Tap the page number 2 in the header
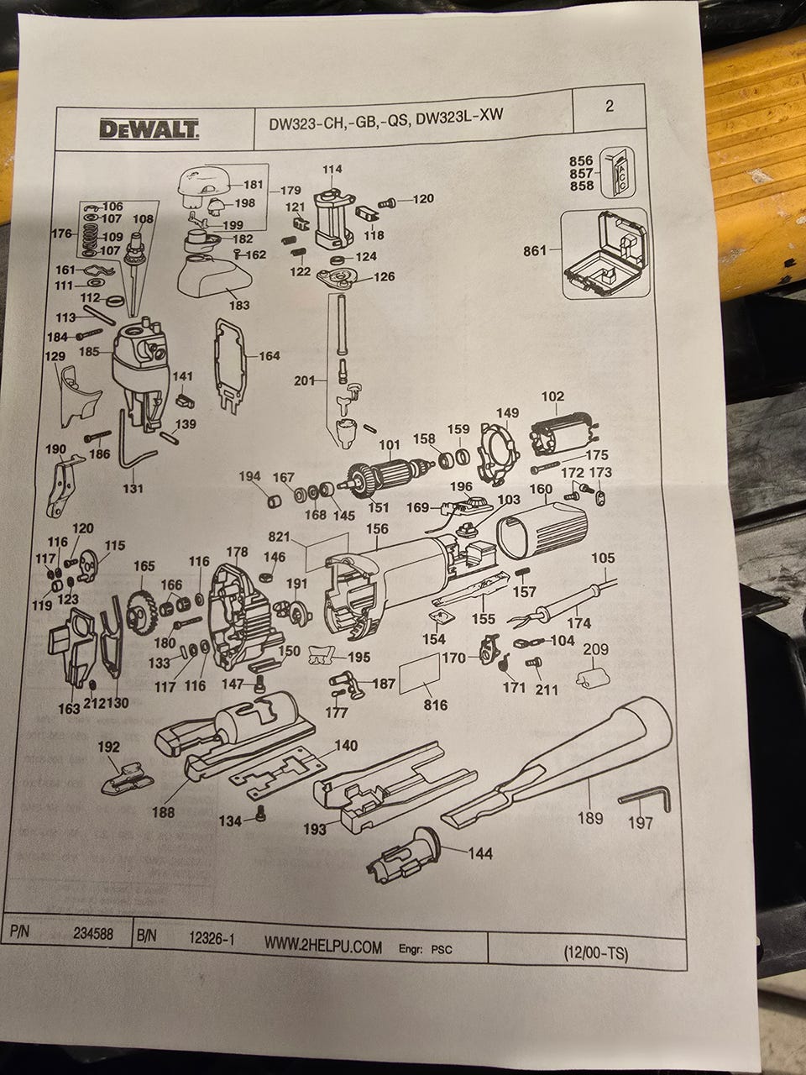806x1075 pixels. (610, 106)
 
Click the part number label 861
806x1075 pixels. (534, 250)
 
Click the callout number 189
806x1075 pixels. (591, 817)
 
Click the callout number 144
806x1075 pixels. (480, 853)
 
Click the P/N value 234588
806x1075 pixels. (100, 933)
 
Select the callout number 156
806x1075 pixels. (378, 529)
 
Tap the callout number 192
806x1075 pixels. (109, 746)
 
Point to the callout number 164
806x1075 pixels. (269, 356)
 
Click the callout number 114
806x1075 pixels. (332, 170)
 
